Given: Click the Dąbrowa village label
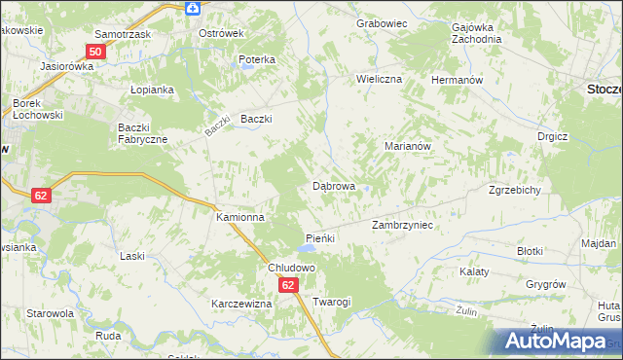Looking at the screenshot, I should pos(333,185).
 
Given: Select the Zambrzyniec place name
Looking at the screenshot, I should pos(402,225).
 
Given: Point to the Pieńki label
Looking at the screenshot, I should pos(320,238).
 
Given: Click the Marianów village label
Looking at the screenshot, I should pos(408,146).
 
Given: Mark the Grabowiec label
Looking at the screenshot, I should pos(380,22).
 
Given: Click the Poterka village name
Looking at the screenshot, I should pos(257,59).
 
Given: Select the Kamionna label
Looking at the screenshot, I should pos(239,218).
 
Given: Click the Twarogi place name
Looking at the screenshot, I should pos(331,303).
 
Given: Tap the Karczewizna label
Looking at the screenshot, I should pos(241,304).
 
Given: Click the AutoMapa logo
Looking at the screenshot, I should pos(557,342).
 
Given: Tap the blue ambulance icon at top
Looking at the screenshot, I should pos(193,8).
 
